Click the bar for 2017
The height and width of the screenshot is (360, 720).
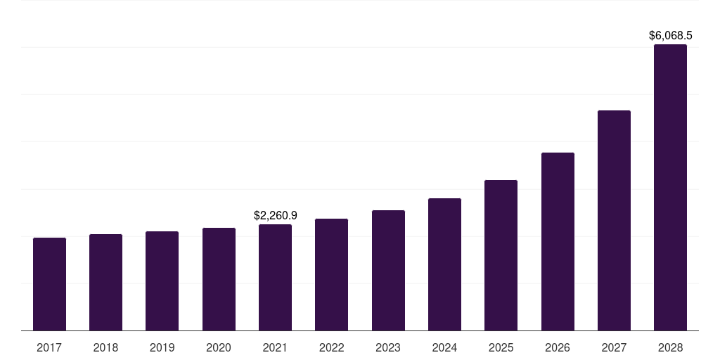coord(49,284)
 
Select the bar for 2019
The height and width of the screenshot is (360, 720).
coord(162,281)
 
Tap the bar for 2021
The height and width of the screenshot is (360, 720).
coord(275,278)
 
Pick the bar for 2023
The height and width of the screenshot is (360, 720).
coord(388,271)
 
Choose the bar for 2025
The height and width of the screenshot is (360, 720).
coord(501,255)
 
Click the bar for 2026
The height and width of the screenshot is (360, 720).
coord(558,242)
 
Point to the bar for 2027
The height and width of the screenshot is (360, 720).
coord(614,221)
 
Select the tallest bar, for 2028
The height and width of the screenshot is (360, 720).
coord(670,188)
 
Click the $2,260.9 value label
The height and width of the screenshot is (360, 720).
coord(275,216)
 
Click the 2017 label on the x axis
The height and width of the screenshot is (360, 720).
coord(49,347)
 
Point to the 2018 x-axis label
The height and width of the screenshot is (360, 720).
coord(105,347)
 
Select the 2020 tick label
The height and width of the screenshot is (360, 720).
coord(219,347)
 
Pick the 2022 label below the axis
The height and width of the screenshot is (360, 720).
coord(331,347)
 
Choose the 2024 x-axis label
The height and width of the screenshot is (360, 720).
coord(444,347)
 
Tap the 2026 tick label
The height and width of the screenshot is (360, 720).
coord(558,347)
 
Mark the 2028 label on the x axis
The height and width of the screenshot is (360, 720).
coord(670,347)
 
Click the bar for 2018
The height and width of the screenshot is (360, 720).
coord(105,283)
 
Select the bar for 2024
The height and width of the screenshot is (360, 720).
coord(444,264)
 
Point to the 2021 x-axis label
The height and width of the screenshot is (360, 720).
coord(275,347)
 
